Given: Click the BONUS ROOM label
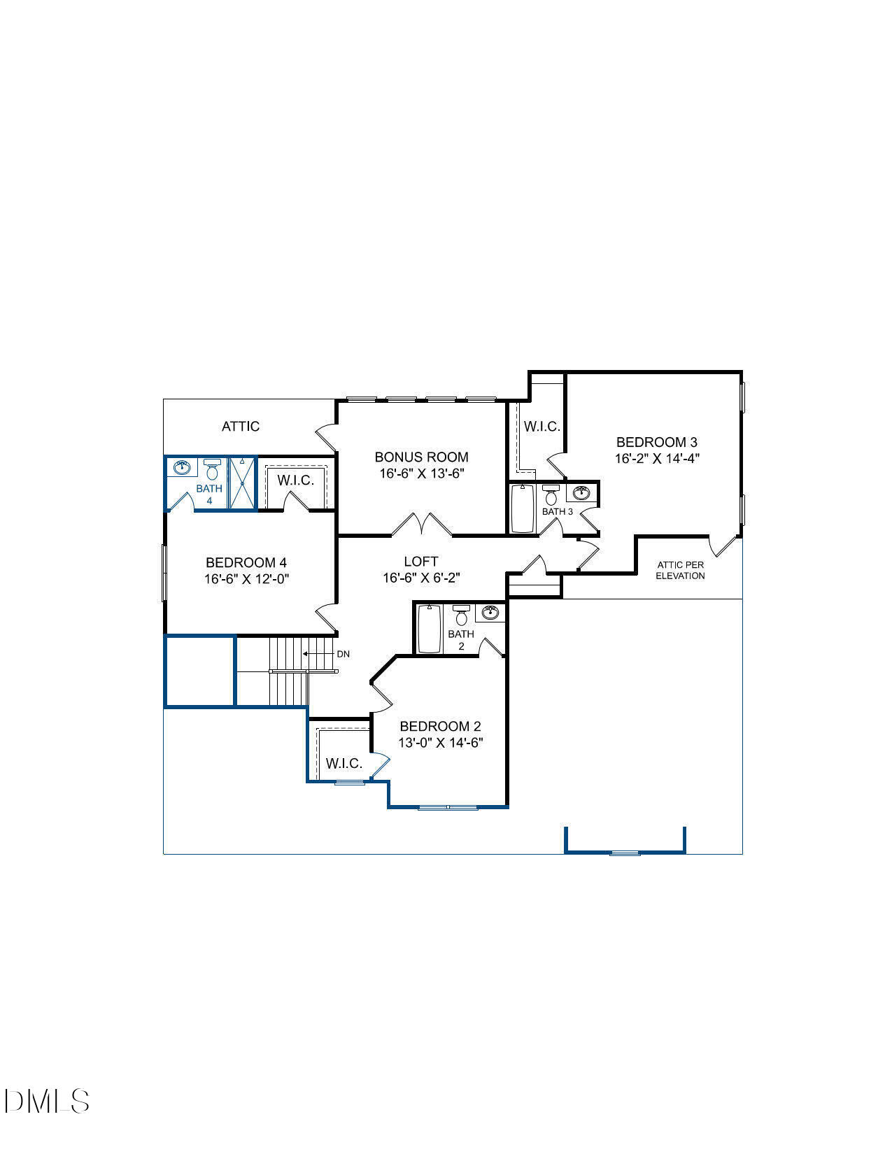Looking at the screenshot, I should click(421, 457).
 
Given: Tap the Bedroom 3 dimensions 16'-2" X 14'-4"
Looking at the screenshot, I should click(656, 459).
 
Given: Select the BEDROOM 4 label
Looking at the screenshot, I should click(246, 562).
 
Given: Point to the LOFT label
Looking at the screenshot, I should click(421, 561).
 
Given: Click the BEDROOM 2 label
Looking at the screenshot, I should click(440, 726).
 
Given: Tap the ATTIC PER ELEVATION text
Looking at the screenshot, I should click(680, 570).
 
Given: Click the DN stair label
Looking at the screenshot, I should click(343, 654).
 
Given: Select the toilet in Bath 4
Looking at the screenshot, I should click(213, 469).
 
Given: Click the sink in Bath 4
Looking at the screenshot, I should click(183, 467).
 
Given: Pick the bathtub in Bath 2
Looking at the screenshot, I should click(429, 628).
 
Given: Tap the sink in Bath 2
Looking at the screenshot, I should click(491, 613).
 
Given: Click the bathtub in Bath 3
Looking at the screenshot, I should click(522, 508).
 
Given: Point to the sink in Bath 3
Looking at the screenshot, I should click(581, 493).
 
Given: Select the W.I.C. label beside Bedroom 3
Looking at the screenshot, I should click(542, 426).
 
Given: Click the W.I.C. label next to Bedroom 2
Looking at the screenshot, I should click(344, 763).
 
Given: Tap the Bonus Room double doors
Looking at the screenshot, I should click(422, 525).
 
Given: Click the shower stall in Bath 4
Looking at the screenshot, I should click(243, 483).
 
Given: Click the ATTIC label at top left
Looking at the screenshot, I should click(241, 426).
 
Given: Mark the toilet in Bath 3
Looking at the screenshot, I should click(551, 495).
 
